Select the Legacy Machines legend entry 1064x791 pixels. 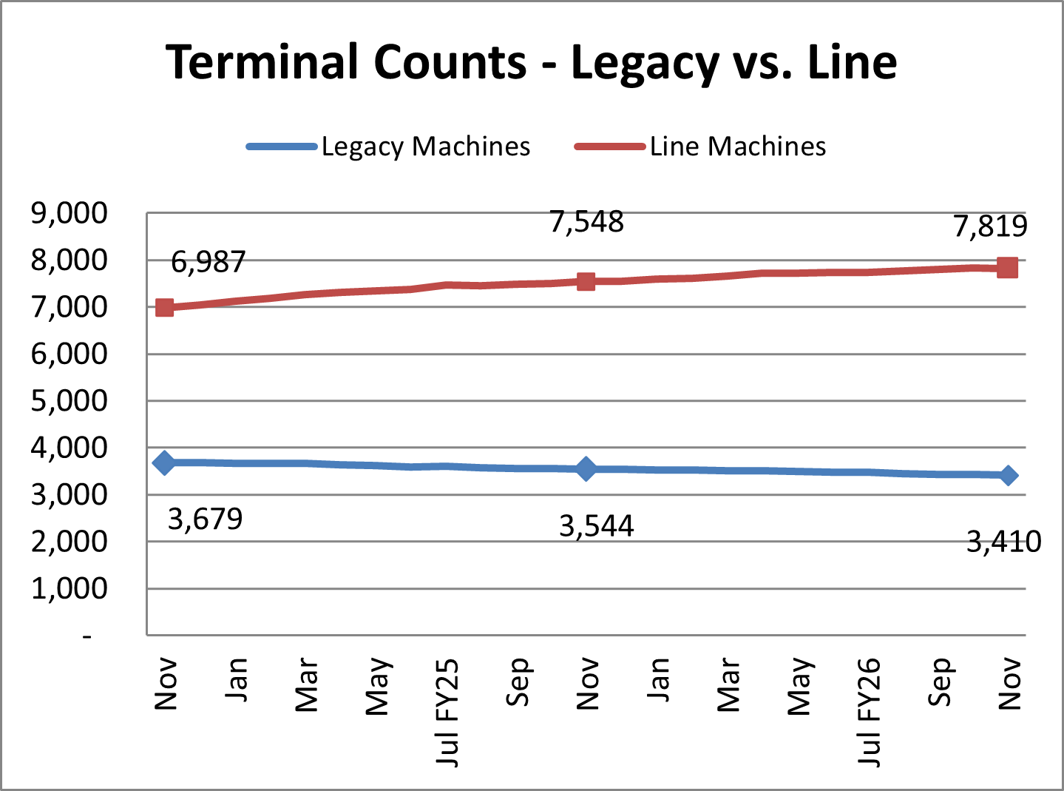[425, 147]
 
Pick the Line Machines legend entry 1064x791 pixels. [737, 147]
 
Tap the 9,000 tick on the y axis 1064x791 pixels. [69, 213]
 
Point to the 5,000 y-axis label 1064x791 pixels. [69, 401]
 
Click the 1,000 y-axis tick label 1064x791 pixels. [69, 589]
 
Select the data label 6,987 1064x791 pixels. [208, 262]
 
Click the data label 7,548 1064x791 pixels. [586, 222]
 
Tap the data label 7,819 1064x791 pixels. [990, 226]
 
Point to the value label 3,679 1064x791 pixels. [205, 519]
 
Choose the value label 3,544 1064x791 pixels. [596, 526]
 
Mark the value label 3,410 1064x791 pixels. [1003, 542]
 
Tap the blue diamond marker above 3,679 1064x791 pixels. [164, 463]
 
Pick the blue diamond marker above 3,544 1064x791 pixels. [586, 469]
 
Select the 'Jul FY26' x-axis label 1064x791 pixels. [870, 712]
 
